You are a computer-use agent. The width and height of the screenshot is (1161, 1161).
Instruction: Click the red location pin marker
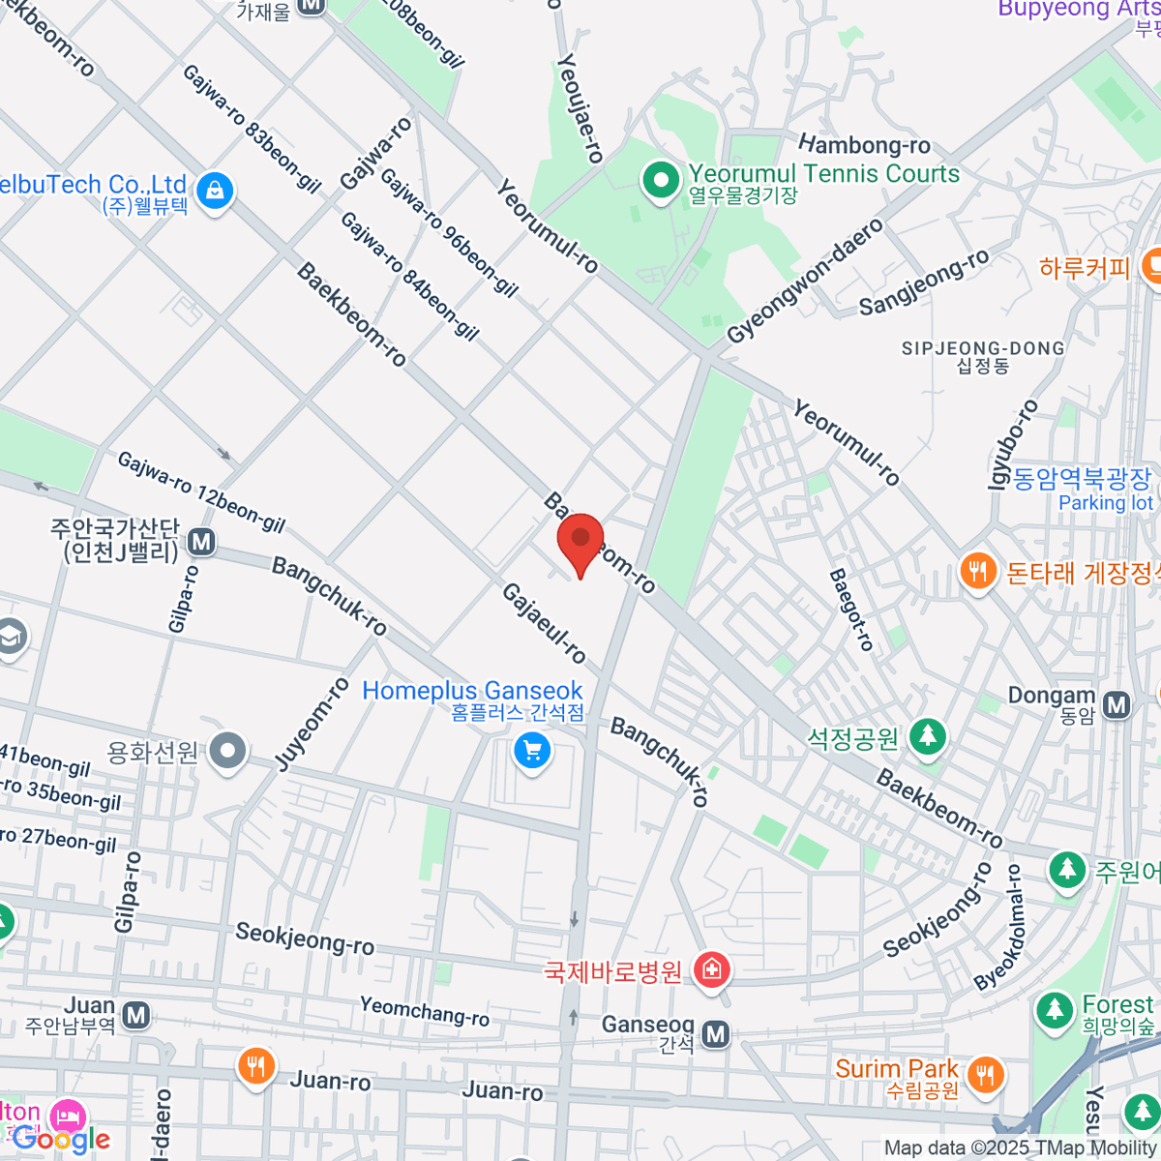click(580, 539)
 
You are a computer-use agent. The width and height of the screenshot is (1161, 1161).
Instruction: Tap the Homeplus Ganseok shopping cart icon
click(531, 751)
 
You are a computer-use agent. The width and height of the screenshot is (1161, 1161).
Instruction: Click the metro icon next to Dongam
click(1117, 704)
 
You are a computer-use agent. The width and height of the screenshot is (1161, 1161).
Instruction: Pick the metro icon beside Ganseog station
click(715, 1034)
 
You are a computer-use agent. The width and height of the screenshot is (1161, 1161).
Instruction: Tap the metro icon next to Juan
click(136, 1015)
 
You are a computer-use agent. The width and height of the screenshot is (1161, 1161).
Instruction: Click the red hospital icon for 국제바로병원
click(712, 968)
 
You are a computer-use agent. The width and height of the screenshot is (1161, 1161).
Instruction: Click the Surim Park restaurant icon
click(985, 1073)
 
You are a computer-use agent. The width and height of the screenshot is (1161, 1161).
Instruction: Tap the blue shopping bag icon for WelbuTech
click(215, 191)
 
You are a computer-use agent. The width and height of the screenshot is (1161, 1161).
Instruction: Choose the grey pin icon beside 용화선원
click(228, 750)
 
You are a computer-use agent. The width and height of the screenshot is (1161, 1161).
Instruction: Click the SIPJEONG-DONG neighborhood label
click(982, 349)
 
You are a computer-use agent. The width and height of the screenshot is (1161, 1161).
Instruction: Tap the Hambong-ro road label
click(864, 145)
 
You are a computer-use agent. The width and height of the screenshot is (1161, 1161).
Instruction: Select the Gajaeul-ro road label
click(543, 624)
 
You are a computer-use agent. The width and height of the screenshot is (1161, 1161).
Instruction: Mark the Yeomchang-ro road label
click(425, 1011)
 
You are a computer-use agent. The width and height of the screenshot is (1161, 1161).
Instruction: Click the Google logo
click(60, 1140)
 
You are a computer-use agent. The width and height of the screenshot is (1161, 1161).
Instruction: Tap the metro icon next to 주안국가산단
click(201, 542)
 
